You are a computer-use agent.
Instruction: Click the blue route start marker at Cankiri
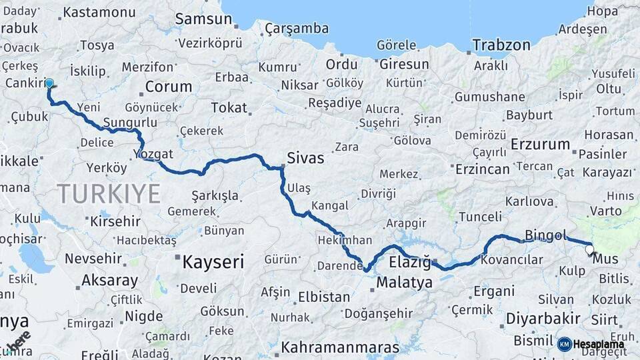pos(49,84)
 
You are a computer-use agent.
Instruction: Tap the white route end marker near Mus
pos(589,251)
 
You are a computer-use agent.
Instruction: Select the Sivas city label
pos(305,159)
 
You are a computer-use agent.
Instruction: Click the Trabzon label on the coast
pos(501,46)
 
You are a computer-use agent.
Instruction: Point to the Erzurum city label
pos(540,145)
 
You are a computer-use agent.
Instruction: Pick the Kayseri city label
pos(213,261)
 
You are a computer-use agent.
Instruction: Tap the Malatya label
pos(404,283)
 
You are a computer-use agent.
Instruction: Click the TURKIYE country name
pos(109,194)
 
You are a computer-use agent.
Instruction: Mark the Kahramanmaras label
pos(340,348)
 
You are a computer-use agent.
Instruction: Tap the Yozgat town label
pos(153,153)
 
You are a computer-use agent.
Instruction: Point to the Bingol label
pos(545,235)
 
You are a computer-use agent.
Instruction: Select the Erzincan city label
pos(482,169)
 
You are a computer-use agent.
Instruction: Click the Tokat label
pos(229,107)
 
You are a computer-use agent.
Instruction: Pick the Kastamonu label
pos(99,12)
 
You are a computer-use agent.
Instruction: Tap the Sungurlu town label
pos(130,123)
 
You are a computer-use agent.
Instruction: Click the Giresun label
pos(404,65)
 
